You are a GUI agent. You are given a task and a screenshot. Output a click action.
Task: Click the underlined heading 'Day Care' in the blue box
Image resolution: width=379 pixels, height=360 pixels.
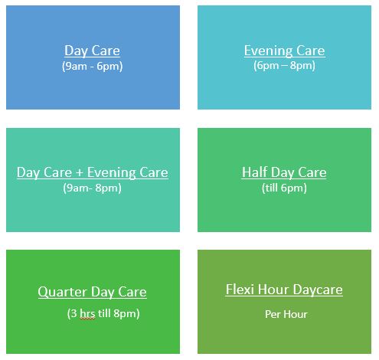click(x=92, y=51)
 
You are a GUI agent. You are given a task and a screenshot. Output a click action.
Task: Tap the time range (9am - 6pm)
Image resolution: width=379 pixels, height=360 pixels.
click(x=92, y=67)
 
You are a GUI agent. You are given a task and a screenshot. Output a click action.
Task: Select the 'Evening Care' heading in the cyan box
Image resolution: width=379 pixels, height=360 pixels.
click(x=284, y=51)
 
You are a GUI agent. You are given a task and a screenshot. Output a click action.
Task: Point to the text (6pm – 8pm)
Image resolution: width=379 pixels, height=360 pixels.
click(x=284, y=66)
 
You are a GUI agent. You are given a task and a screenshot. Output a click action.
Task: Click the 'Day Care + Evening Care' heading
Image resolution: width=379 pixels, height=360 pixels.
click(x=93, y=172)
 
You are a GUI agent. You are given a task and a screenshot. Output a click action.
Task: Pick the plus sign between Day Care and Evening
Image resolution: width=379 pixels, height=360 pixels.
click(x=80, y=172)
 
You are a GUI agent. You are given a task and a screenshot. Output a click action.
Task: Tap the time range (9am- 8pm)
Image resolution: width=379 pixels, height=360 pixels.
click(x=92, y=188)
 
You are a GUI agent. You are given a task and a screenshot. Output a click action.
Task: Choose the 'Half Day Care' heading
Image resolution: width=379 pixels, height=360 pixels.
click(x=284, y=172)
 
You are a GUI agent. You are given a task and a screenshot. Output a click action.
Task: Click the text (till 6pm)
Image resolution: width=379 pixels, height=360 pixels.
click(x=284, y=188)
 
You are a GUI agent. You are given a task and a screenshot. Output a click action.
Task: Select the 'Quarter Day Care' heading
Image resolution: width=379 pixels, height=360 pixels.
click(x=92, y=292)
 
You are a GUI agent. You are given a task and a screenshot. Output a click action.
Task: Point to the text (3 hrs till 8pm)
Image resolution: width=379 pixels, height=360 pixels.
click(x=103, y=313)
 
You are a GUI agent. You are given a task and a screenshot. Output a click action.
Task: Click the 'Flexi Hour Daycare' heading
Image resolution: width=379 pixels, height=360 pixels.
click(x=284, y=290)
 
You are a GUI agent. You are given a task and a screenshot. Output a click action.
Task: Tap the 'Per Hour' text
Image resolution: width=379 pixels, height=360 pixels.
click(x=286, y=314)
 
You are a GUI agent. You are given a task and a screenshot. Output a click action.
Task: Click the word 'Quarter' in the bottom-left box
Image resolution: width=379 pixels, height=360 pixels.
click(x=61, y=292)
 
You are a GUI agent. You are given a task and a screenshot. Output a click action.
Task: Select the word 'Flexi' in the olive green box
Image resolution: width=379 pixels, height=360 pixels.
click(x=240, y=290)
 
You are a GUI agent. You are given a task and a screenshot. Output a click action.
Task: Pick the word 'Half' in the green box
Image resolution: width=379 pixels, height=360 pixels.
click(x=254, y=172)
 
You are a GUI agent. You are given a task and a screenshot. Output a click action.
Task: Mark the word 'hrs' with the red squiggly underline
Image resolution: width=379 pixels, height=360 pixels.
click(x=87, y=313)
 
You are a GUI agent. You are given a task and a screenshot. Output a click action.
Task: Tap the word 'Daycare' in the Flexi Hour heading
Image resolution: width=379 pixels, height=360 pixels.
click(x=318, y=290)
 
